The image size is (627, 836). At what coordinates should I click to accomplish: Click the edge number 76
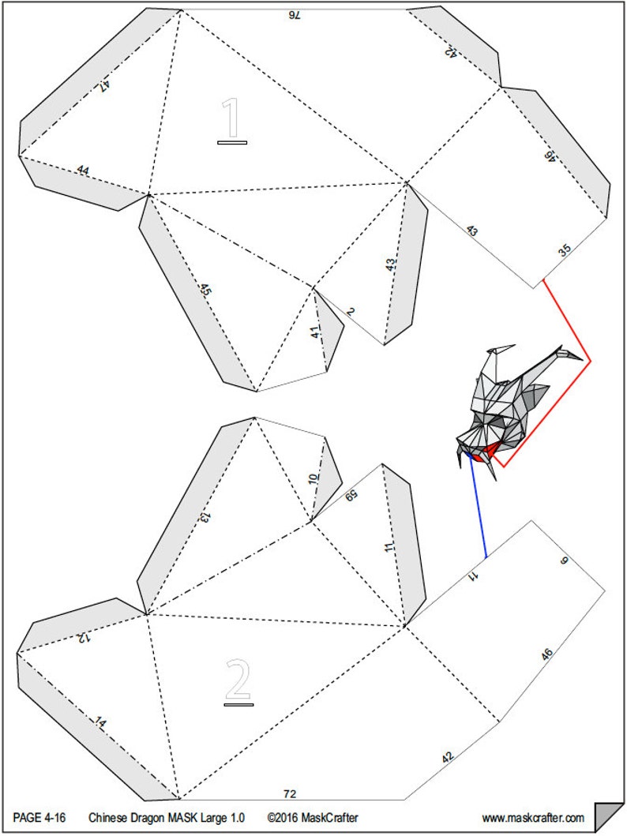pos(295,16)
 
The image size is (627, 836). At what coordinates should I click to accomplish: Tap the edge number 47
pos(104,86)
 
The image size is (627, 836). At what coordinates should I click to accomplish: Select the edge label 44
pos(83,170)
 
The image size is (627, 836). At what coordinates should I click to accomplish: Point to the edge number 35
pos(565,249)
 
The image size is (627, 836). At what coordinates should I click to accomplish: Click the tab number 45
pos(205,289)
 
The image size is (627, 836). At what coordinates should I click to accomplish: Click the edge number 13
pos(205,516)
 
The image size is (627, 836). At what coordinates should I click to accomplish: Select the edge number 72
pos(290,794)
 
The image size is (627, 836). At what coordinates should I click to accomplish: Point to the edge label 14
pos(100,722)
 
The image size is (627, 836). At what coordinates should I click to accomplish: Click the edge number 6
pos(565,560)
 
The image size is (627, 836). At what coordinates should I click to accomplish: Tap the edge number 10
pos(313,479)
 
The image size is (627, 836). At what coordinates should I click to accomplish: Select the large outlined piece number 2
pos(238,681)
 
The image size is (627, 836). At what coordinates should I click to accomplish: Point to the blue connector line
pos(478,506)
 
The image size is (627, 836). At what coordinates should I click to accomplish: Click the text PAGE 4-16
pos(39,818)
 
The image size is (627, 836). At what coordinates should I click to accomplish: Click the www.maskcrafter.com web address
pos(533,818)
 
